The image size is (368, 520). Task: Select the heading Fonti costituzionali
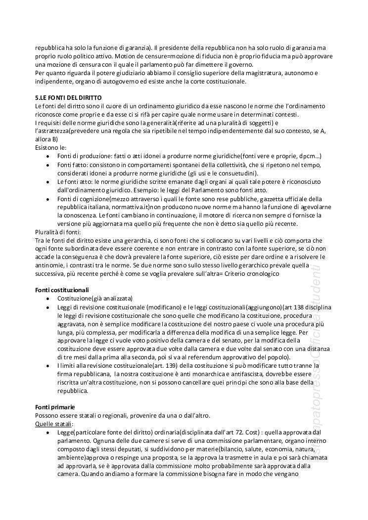[62, 289]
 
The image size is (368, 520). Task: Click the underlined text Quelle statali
[54, 424]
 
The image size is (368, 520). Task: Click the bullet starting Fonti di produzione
[47, 156]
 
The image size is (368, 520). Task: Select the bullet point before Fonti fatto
[47, 165]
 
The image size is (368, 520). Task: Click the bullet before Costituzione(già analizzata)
[47, 299]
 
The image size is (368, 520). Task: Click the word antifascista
[266, 374]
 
